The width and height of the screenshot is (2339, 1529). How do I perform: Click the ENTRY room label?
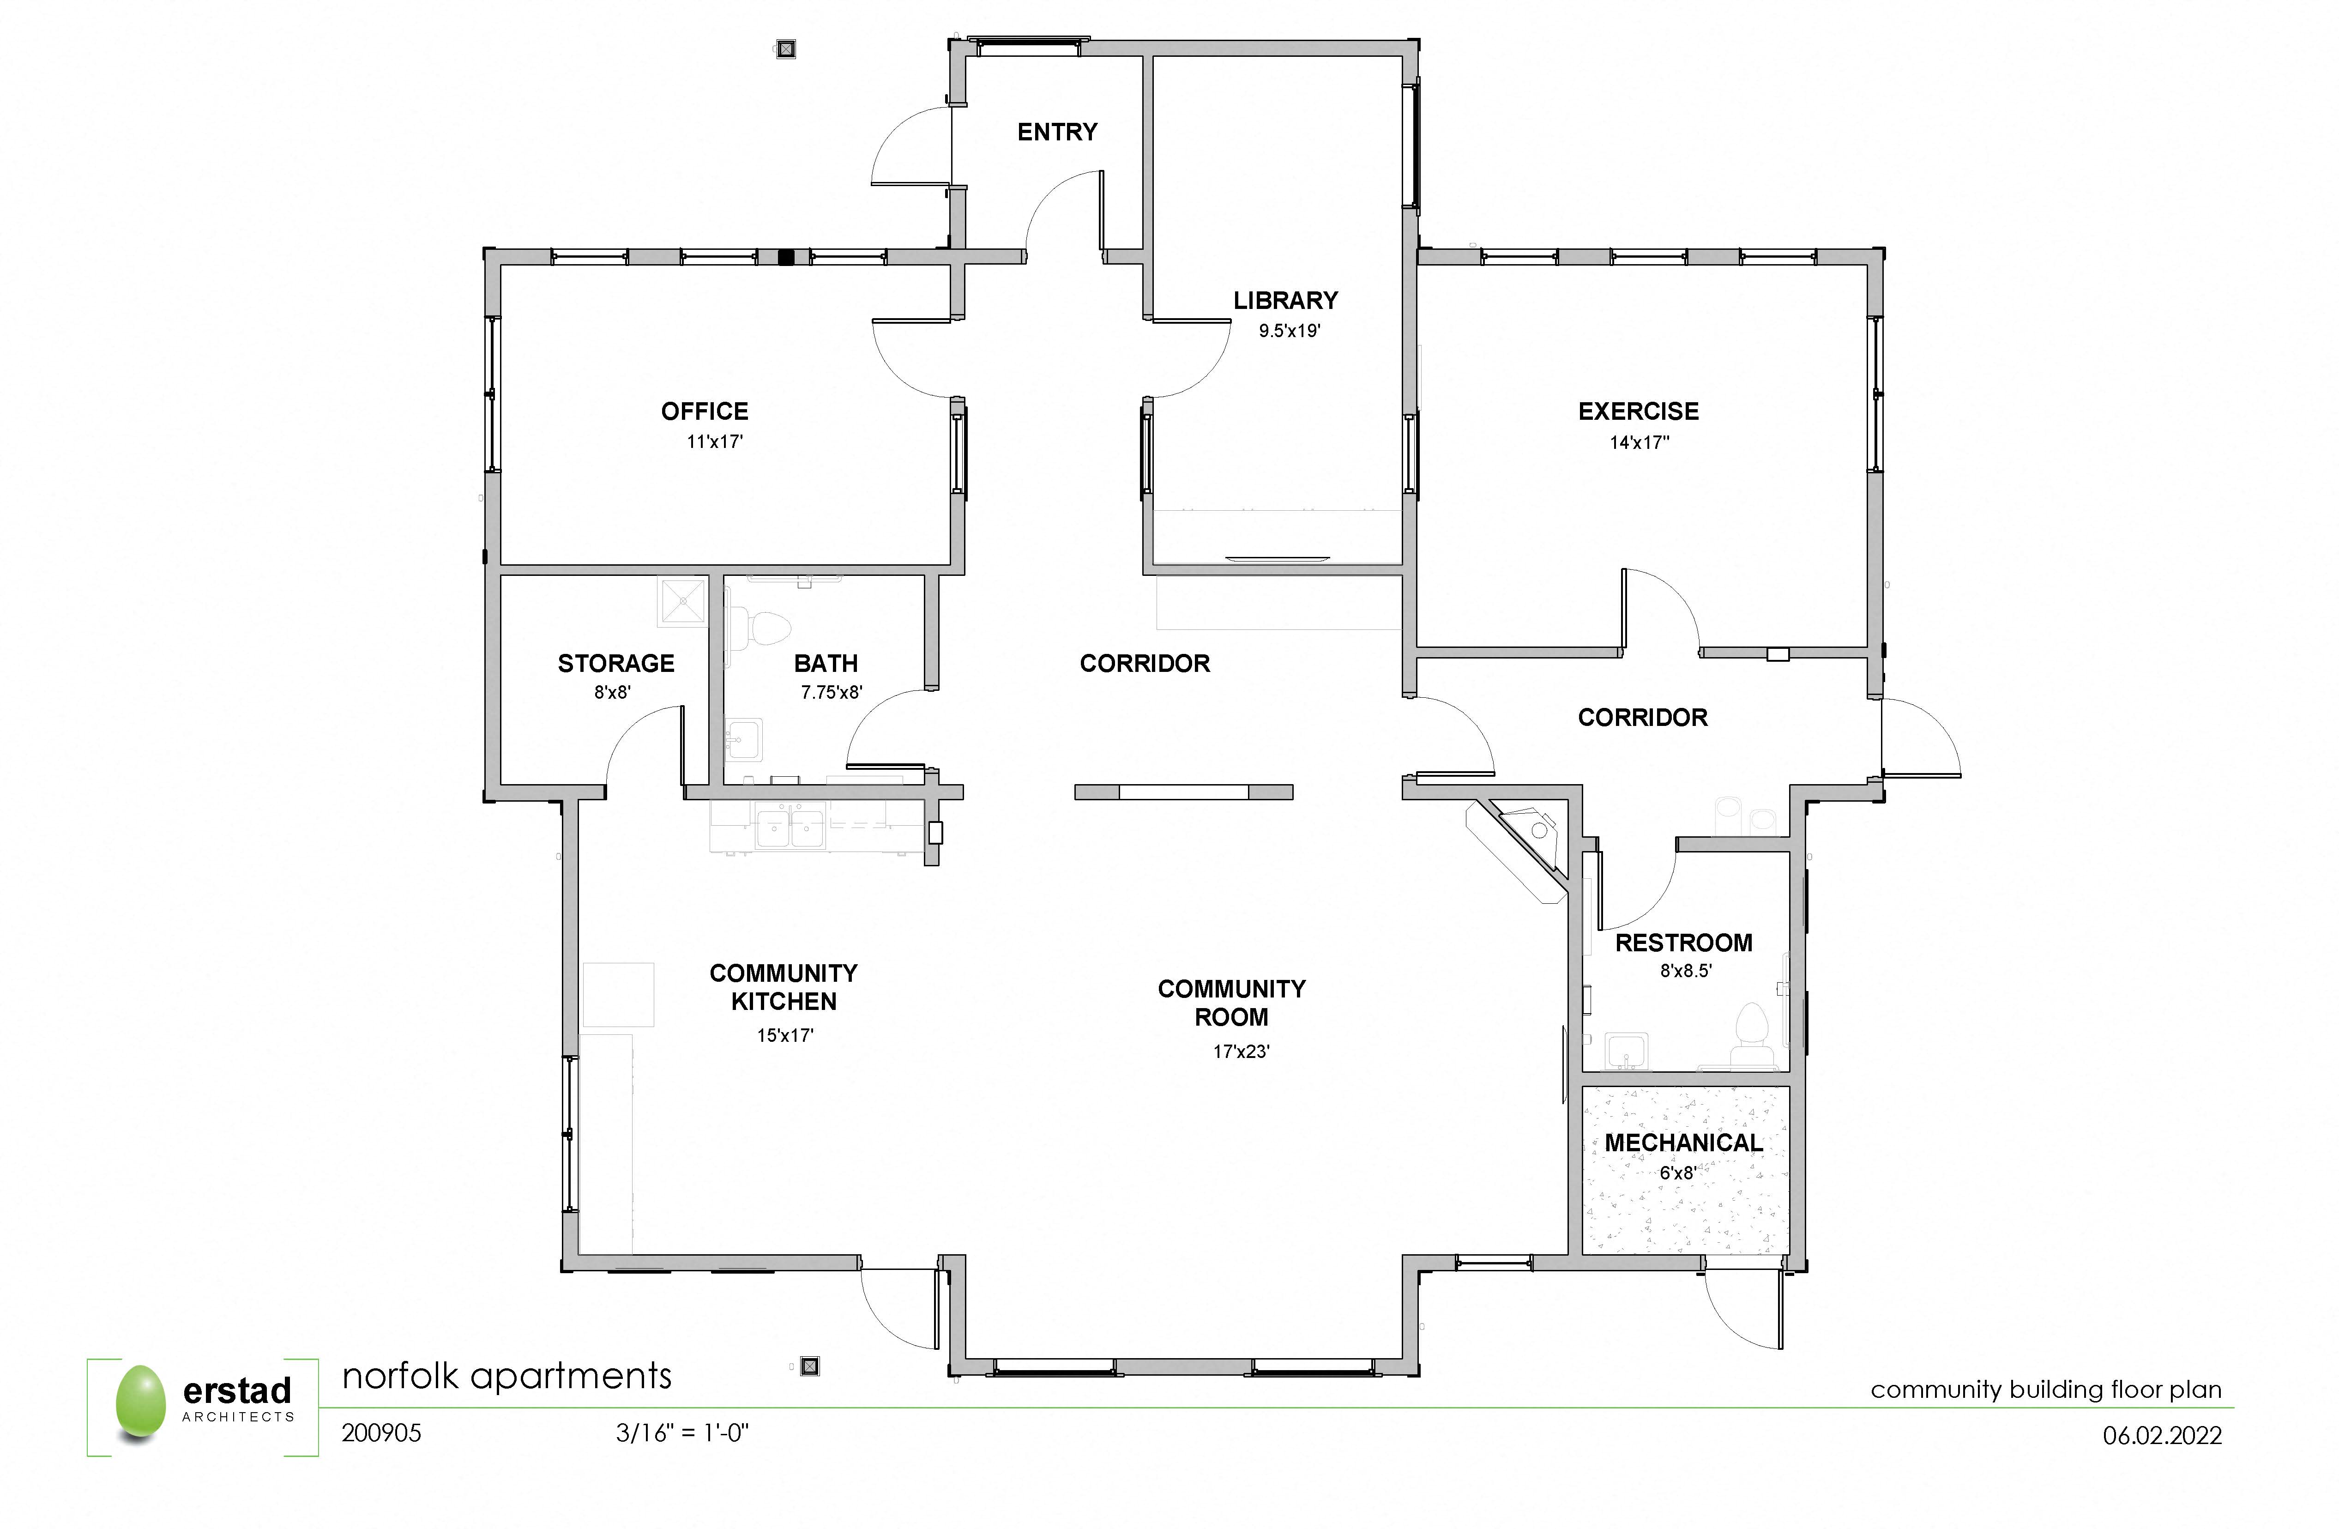[1057, 132]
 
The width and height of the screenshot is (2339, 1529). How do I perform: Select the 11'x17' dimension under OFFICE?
[714, 441]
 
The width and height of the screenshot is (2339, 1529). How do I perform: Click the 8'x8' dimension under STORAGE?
[612, 692]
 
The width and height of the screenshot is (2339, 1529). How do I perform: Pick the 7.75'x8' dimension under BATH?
[832, 692]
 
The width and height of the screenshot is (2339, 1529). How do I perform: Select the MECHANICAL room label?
[1683, 1143]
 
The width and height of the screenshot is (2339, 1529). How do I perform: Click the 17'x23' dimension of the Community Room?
[1241, 1052]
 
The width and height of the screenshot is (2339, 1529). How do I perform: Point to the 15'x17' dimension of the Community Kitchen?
[785, 1035]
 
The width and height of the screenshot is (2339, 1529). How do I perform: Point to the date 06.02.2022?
[2162, 1436]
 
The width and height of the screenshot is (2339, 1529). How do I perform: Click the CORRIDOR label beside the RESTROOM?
[1642, 717]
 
